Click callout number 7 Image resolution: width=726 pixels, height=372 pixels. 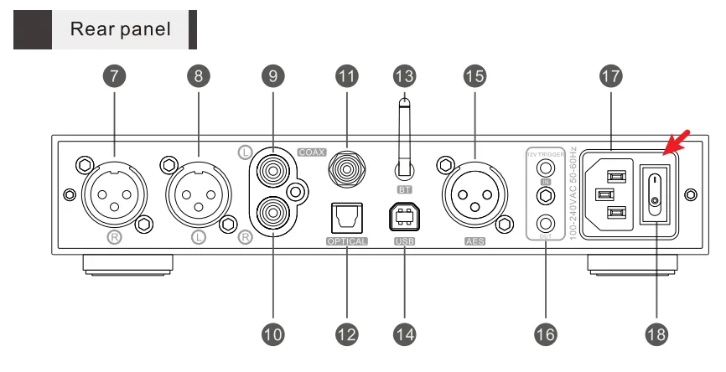coord(118,75)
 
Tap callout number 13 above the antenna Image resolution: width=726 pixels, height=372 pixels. coord(404,75)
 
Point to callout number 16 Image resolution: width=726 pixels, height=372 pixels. coord(544,334)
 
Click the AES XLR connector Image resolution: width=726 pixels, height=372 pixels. coord(474,194)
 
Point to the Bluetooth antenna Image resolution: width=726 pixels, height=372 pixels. coord(404,135)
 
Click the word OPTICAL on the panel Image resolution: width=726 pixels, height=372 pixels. coord(345,242)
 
